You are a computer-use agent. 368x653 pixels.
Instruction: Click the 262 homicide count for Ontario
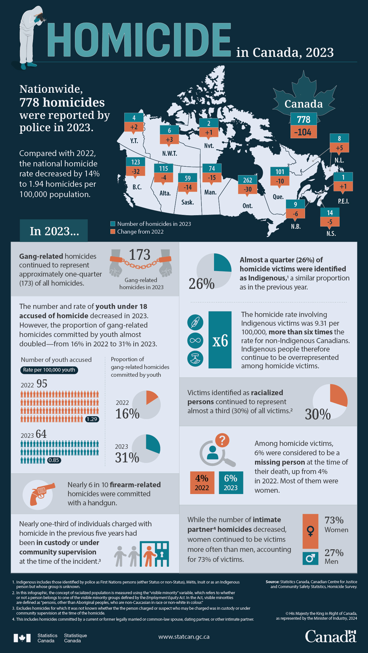click(x=247, y=180)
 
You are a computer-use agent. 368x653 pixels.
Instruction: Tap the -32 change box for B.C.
click(x=136, y=171)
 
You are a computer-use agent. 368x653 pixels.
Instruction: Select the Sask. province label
click(x=188, y=202)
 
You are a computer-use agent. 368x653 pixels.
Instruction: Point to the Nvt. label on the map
click(x=209, y=145)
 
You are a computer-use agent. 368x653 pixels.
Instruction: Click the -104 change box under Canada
click(x=303, y=132)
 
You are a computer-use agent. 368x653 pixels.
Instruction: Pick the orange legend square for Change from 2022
click(x=113, y=232)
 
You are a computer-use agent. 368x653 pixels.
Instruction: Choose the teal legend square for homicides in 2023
click(x=113, y=224)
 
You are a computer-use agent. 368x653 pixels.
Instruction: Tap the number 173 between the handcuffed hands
click(x=140, y=255)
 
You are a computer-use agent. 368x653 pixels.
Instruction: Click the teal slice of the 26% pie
click(x=222, y=262)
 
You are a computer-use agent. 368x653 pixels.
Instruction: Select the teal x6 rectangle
click(x=220, y=340)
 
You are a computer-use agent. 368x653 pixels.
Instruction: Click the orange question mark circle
click(x=222, y=440)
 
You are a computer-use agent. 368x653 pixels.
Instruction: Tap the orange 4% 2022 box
click(x=202, y=482)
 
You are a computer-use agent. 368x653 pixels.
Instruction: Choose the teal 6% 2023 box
click(x=231, y=482)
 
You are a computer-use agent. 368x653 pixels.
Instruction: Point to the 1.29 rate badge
click(x=92, y=419)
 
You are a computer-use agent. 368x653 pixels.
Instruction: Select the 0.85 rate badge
click(x=54, y=460)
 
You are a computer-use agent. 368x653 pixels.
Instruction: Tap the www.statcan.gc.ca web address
click(x=184, y=637)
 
